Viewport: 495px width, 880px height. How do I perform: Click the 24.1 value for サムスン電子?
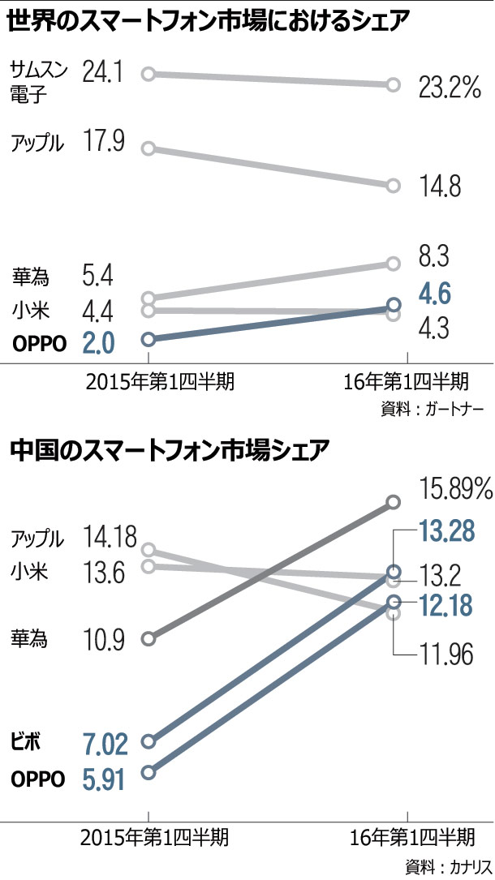[102, 75]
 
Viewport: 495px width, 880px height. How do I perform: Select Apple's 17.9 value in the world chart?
[102, 142]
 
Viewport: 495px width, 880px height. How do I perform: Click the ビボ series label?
[26, 740]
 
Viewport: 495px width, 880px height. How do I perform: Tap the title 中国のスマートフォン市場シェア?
[170, 448]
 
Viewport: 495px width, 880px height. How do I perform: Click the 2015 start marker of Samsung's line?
[148, 75]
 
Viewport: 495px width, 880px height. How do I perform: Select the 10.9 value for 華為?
[103, 641]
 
